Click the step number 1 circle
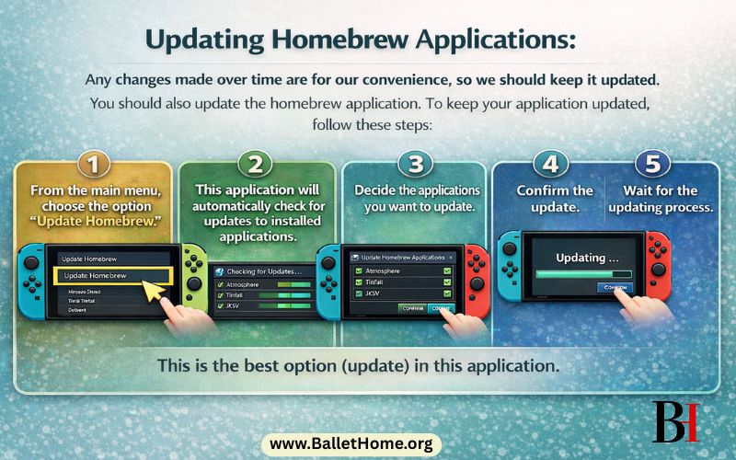click(x=94, y=165)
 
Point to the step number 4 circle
click(x=550, y=165)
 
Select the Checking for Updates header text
click(x=264, y=271)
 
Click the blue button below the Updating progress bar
click(x=614, y=288)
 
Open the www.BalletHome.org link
click(x=351, y=444)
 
